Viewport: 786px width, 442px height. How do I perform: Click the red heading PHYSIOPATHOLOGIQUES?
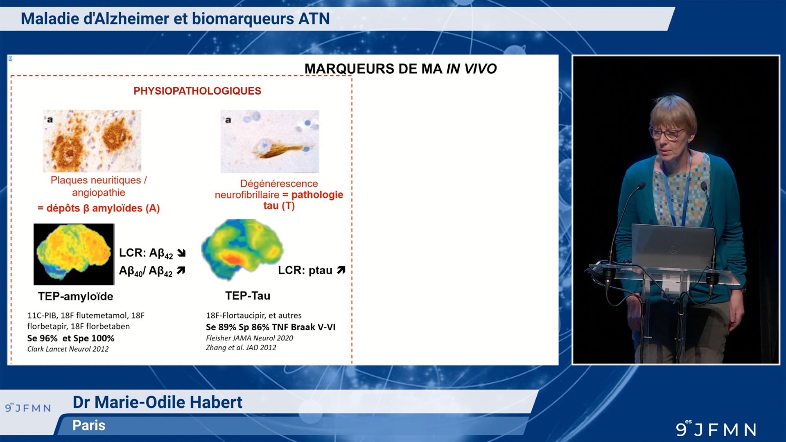(197, 91)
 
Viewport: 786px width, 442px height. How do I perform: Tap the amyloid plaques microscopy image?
(92, 141)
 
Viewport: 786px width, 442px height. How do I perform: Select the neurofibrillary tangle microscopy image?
(269, 141)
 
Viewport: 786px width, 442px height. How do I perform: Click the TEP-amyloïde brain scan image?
(74, 254)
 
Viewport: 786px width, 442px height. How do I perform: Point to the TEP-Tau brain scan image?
(242, 250)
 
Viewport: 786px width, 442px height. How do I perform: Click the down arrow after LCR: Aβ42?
(181, 253)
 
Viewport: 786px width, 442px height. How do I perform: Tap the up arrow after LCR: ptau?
(341, 270)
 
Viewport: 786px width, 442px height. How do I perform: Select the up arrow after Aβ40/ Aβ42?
(181, 271)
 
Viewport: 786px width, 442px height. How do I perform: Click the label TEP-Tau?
(247, 295)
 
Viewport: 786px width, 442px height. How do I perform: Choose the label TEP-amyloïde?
(75, 296)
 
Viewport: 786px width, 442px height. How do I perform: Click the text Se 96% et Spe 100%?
(71, 338)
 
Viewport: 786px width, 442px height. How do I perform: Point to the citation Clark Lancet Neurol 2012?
(68, 349)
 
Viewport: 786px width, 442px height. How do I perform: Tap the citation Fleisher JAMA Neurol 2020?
(249, 338)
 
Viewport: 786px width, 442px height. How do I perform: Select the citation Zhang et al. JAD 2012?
(241, 347)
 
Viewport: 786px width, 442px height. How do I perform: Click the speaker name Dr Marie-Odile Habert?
(157, 402)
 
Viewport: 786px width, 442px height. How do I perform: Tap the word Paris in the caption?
(89, 425)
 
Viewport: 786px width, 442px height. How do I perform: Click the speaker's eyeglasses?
(666, 133)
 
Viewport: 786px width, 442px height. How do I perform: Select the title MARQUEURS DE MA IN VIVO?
(400, 69)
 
